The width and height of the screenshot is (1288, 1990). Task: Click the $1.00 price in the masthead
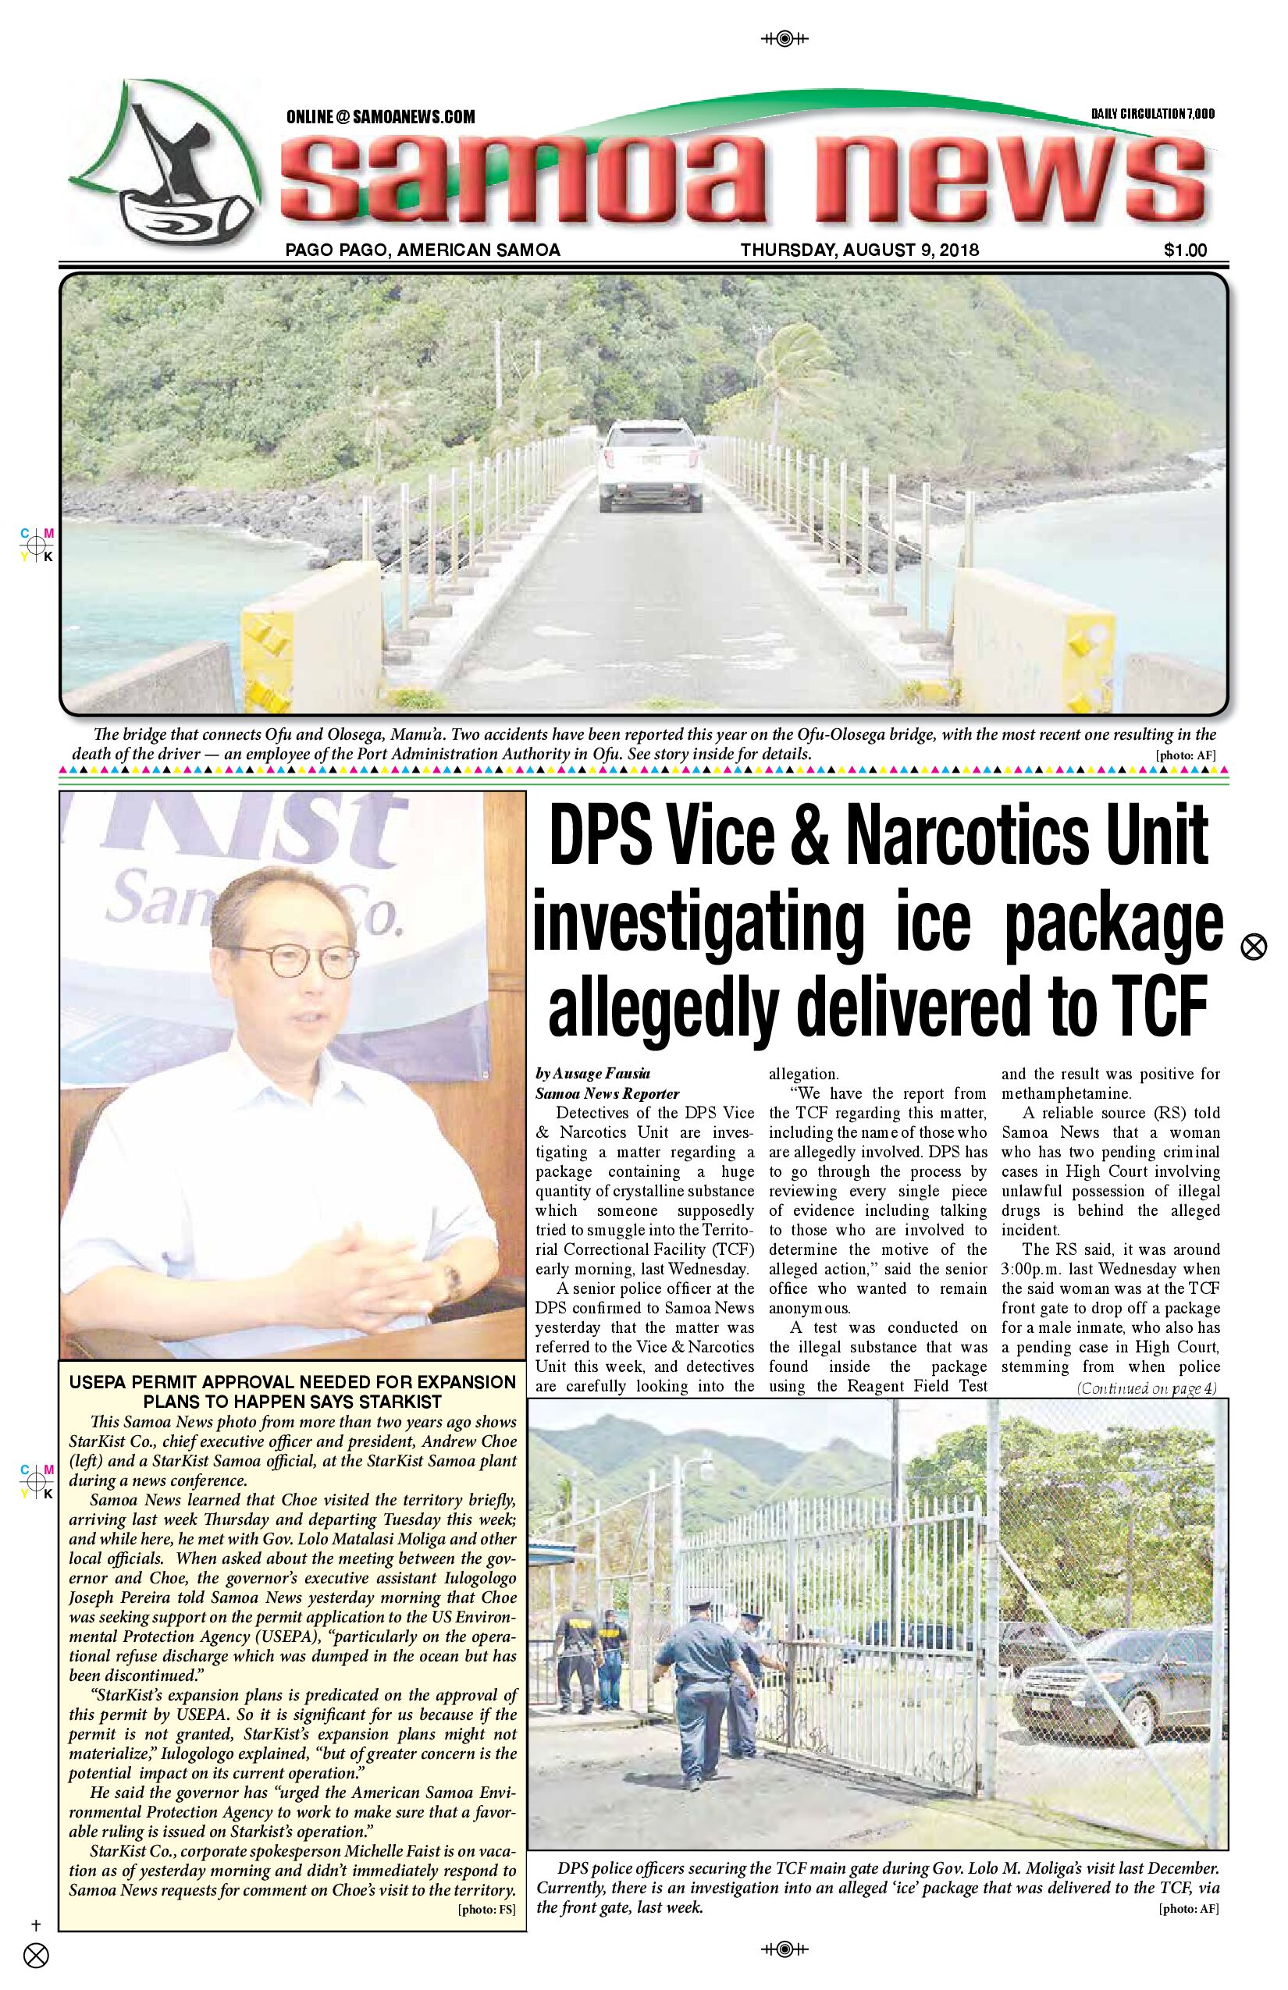[x=1184, y=250]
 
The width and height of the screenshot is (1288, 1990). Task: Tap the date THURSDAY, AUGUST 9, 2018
[x=859, y=250]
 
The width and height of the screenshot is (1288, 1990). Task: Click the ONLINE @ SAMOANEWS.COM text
[x=381, y=117]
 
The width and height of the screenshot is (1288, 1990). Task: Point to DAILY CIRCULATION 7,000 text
[x=1152, y=114]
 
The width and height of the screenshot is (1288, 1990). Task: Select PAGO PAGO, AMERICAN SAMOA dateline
[x=422, y=250]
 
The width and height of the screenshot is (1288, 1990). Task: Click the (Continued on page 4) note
[x=1147, y=1389]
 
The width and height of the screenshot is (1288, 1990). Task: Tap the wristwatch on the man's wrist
[x=453, y=1279]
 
